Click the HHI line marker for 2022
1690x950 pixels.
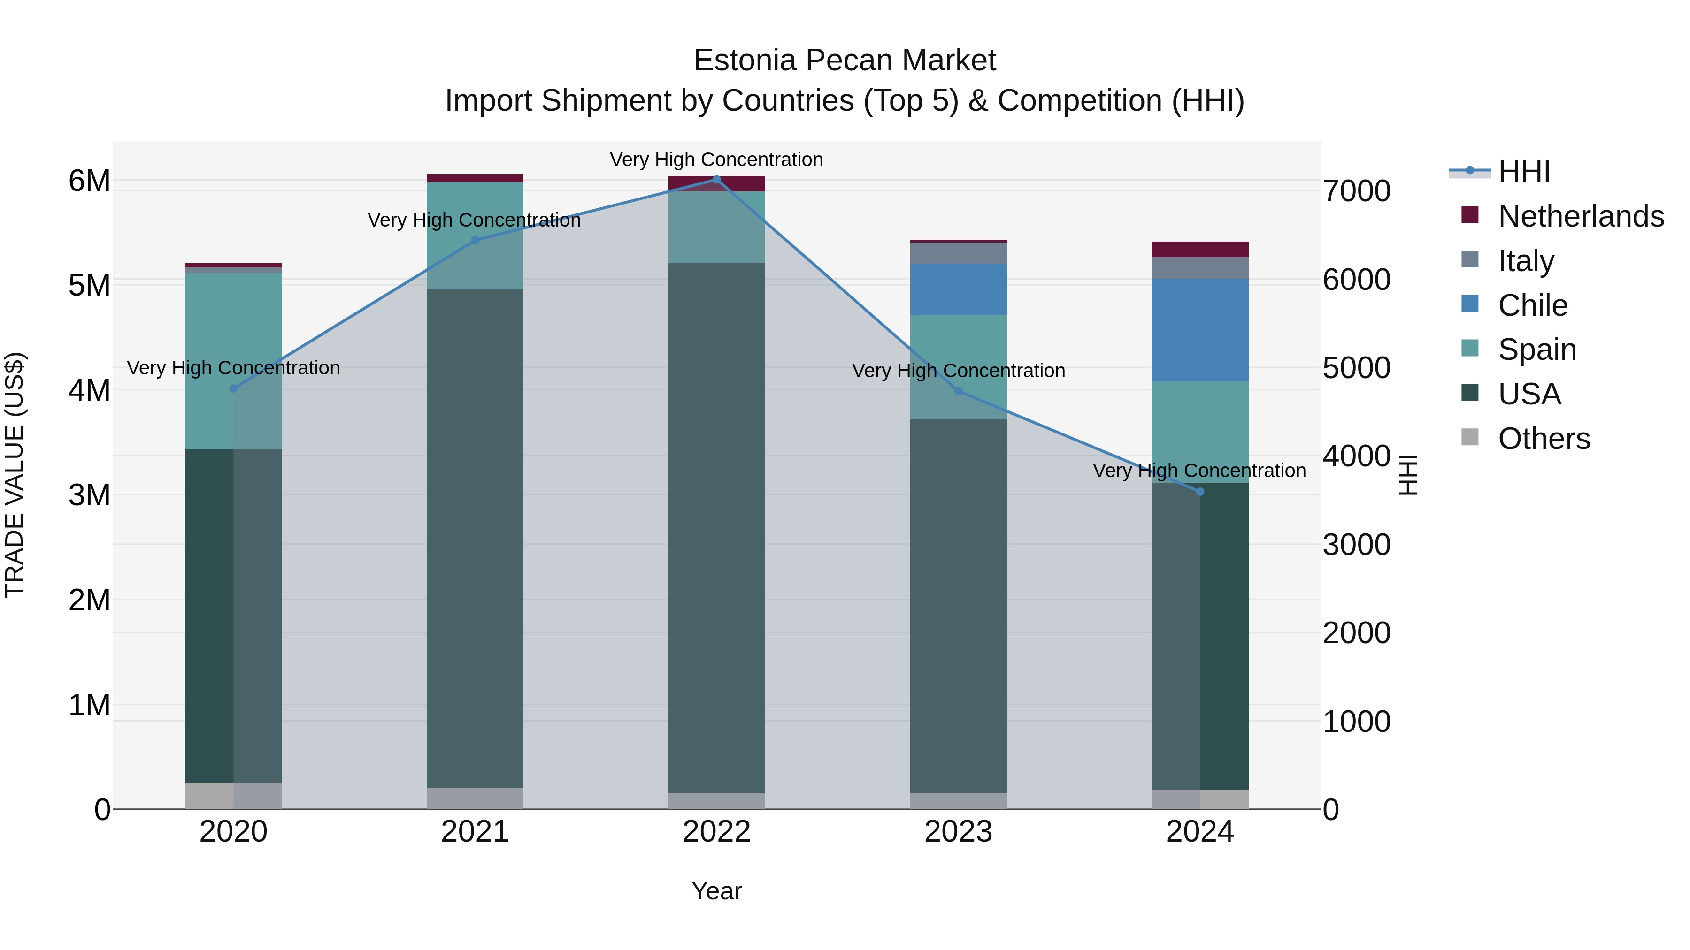tap(716, 179)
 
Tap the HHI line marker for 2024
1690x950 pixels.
tap(1200, 492)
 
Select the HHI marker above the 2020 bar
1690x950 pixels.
tap(234, 388)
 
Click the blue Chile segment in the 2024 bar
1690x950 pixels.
tap(1200, 330)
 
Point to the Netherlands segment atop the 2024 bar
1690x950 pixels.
tap(1200, 249)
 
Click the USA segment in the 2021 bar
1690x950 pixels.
tap(475, 538)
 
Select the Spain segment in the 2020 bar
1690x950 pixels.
tap(234, 361)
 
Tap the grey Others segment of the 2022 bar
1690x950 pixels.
tap(716, 800)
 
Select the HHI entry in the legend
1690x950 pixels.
tap(1523, 172)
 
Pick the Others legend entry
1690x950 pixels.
tap(1543, 438)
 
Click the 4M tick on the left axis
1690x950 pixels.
tap(89, 390)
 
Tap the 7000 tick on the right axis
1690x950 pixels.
tap(1356, 191)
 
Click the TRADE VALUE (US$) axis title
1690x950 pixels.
tap(15, 475)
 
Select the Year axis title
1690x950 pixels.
tap(716, 891)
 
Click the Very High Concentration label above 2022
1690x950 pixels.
tap(716, 160)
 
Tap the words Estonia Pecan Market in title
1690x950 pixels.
tap(845, 61)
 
